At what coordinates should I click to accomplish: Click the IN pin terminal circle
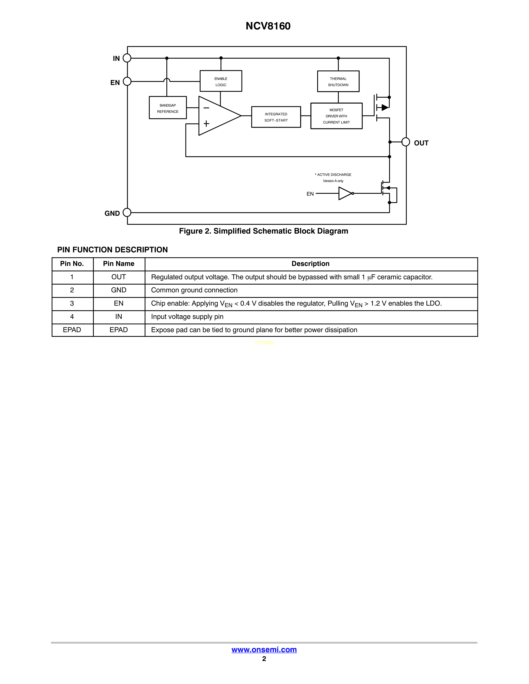(x=127, y=58)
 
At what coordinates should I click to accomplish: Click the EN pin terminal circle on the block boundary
(x=127, y=81)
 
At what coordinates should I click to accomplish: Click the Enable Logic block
(x=221, y=81)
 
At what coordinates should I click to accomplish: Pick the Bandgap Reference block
(x=168, y=108)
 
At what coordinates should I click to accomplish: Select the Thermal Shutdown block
(x=338, y=81)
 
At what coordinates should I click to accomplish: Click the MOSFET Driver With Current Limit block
(x=336, y=116)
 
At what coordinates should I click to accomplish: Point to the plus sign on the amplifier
(x=206, y=124)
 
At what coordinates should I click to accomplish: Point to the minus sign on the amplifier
(x=206, y=108)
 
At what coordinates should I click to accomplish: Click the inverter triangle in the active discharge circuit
(x=345, y=194)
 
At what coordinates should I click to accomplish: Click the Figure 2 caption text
(x=263, y=231)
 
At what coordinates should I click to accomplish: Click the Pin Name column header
(x=119, y=264)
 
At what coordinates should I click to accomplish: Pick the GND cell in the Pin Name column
(x=119, y=290)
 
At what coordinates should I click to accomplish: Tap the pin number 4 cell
(x=72, y=317)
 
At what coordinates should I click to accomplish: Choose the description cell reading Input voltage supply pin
(x=187, y=317)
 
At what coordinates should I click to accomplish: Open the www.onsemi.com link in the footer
(x=264, y=650)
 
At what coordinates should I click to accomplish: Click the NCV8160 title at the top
(x=268, y=26)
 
